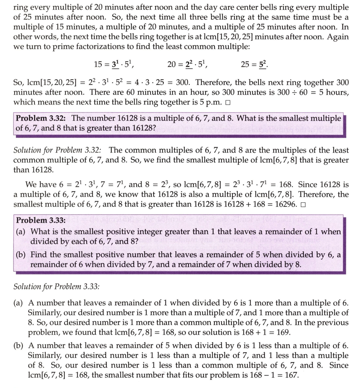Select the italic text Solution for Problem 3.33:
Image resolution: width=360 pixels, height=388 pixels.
(x=57, y=287)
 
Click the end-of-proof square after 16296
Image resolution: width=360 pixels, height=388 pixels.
(x=303, y=205)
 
